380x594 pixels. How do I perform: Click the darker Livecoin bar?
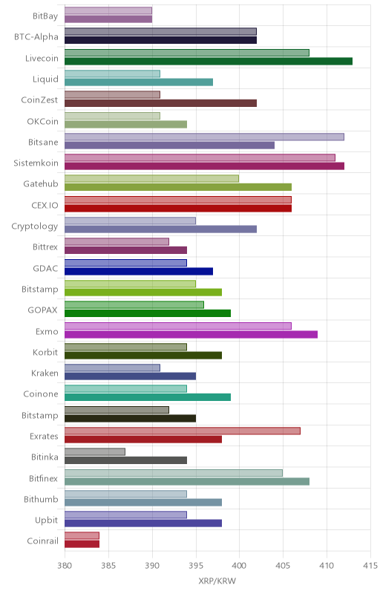coord(209,62)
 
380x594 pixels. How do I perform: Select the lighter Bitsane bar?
coord(204,137)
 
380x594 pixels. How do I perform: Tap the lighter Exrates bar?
coord(183,431)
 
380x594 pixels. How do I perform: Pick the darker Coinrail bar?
coord(82,544)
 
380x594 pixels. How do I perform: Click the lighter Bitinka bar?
coord(95,452)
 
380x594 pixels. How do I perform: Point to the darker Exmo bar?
coord(191,335)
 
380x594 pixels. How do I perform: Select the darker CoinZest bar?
coord(161,103)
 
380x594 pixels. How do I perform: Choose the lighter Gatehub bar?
coord(151,178)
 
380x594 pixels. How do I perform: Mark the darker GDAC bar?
coord(139,271)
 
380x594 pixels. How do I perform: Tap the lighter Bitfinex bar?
coord(174,473)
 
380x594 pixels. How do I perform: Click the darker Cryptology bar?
coord(161,229)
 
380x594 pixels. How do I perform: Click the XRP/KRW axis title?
coord(217,581)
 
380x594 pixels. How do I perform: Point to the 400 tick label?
coord(239,566)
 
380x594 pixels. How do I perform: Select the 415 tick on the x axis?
coord(370,566)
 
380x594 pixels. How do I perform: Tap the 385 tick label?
coord(108,566)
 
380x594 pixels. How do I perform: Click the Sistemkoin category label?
coord(36,163)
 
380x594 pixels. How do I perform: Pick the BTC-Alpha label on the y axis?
coord(36,36)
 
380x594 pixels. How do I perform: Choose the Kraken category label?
coord(45,373)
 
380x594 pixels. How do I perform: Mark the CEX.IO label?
coord(45,206)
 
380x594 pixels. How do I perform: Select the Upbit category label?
coord(47,520)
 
